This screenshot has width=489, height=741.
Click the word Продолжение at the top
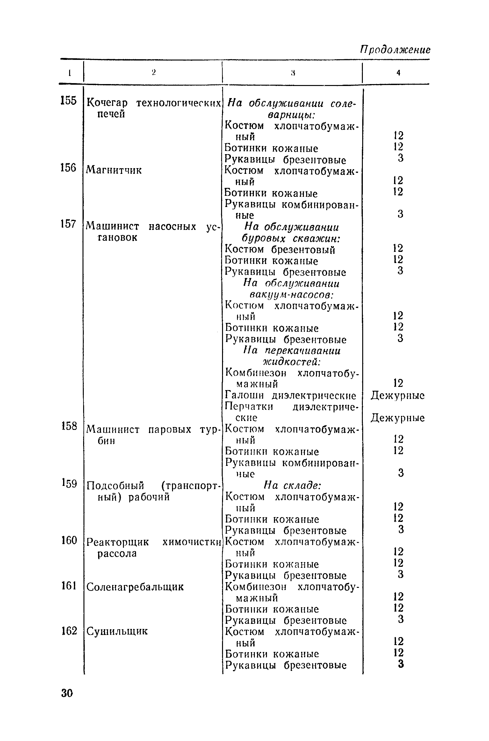395,50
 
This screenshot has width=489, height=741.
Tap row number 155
68,101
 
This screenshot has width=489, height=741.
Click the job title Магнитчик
114,170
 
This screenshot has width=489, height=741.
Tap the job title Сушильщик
117,631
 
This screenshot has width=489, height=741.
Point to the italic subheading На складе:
292,486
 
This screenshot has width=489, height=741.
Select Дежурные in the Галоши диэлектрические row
398,396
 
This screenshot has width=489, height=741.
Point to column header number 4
398,73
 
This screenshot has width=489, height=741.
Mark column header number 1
69,73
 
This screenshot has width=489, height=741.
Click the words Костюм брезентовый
280,250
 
